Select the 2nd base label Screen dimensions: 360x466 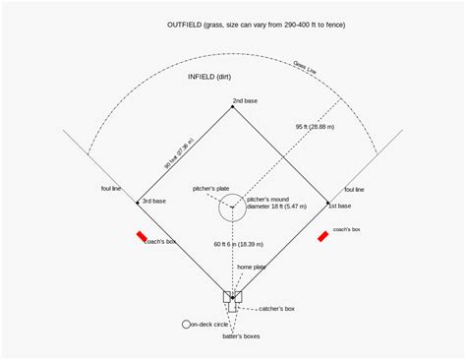(x=245, y=100)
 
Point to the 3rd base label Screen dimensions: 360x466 (x=153, y=201)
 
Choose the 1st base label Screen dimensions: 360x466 (x=339, y=207)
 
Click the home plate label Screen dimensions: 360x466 (x=251, y=267)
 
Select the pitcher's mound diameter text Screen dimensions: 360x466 (x=276, y=203)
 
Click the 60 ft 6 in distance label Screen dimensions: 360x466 (x=238, y=243)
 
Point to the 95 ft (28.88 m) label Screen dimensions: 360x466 (x=315, y=127)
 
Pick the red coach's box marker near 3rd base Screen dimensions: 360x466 (x=143, y=236)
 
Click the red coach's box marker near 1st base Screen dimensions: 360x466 (x=322, y=235)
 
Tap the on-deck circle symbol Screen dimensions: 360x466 (x=186, y=324)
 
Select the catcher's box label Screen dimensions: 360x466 (x=276, y=309)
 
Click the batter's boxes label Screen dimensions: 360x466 (x=241, y=337)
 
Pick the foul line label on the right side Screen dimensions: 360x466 (x=353, y=189)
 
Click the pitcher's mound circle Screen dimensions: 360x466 (x=233, y=208)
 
